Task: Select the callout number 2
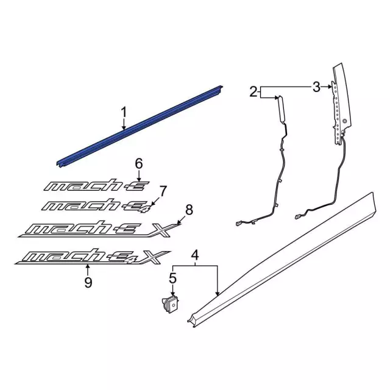[253, 92]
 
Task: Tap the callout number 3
[316, 87]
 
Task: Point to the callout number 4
[195, 255]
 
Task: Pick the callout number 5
[173, 278]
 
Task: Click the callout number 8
[188, 210]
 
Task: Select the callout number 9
[88, 282]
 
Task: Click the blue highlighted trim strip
[140, 125]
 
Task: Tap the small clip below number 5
[171, 302]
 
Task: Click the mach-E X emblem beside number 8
[97, 228]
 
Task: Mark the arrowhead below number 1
[124, 129]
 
